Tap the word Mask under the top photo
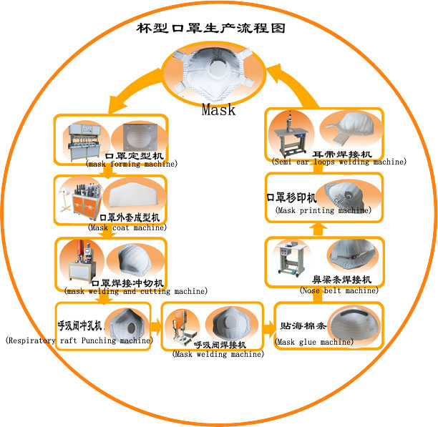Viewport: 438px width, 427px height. (x=218, y=110)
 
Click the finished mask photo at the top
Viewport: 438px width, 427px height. (x=219, y=72)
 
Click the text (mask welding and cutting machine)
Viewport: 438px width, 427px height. (x=136, y=291)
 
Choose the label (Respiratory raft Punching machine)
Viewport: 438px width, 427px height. (x=79, y=340)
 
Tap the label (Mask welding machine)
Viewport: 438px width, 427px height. (x=218, y=354)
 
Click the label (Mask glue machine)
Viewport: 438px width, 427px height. (x=314, y=342)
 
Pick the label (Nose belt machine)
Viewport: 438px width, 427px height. (x=339, y=290)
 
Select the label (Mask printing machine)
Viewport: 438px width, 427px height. (x=323, y=211)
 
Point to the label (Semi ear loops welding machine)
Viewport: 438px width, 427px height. (x=329, y=162)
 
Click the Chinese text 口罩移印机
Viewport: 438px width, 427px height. (x=293, y=197)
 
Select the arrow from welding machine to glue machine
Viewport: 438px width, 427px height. (x=267, y=330)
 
